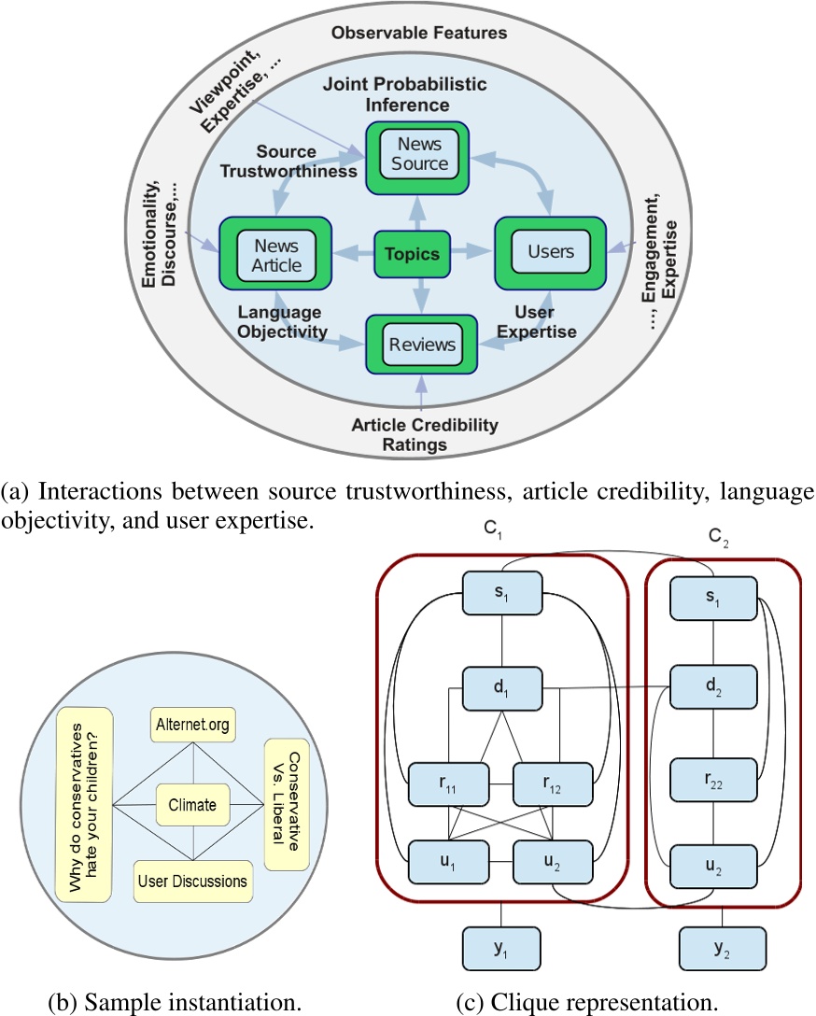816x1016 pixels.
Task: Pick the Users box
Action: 550,253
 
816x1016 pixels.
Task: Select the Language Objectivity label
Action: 278,322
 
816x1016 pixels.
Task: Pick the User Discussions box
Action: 193,881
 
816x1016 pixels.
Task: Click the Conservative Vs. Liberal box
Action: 284,804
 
